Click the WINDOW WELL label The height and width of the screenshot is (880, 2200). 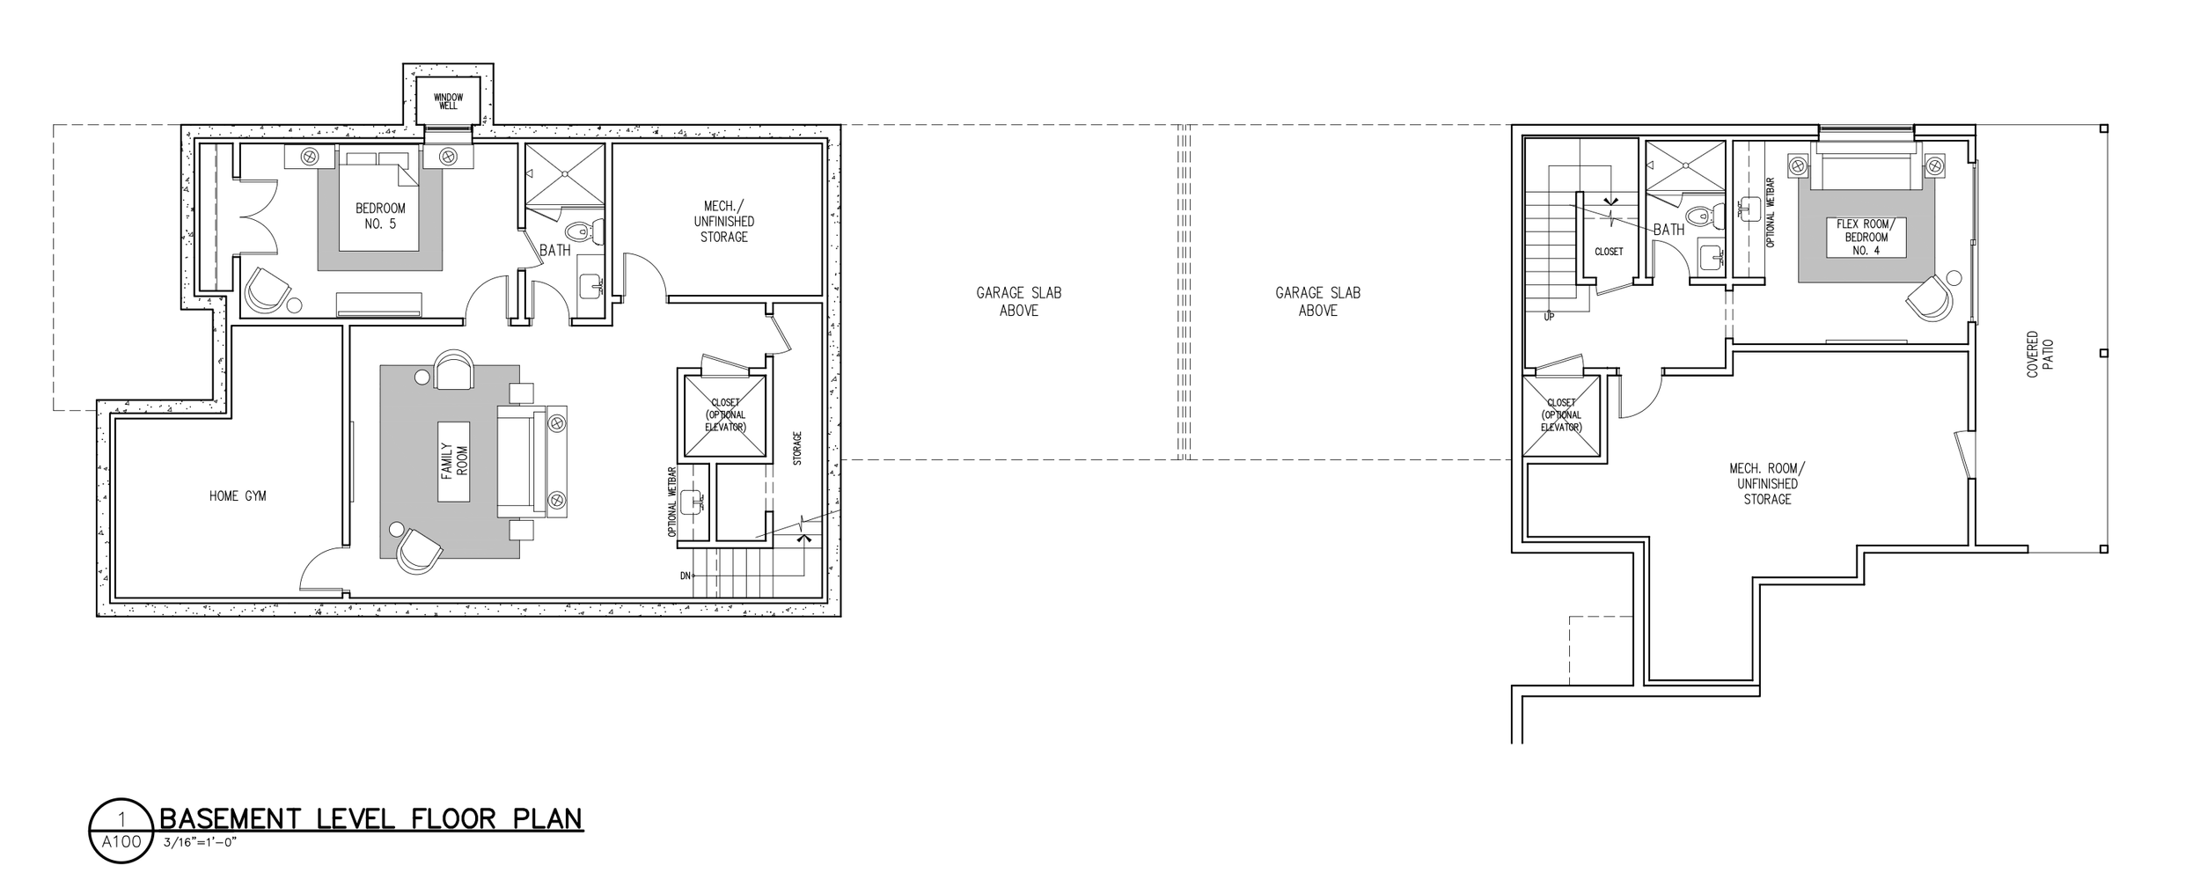448,101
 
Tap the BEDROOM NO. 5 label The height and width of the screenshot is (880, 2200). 380,216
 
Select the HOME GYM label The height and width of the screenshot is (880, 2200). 238,496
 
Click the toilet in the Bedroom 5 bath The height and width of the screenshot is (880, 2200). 582,231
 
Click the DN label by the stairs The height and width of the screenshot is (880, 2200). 686,576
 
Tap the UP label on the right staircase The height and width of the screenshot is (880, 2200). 1549,317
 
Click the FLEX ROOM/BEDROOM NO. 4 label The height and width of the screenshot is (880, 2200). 1866,238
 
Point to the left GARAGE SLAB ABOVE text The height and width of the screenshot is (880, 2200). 1019,301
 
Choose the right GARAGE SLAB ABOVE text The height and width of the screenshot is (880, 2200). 1318,301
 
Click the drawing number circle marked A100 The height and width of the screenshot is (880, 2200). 121,831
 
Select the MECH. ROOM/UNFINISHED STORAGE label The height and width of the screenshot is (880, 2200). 1767,484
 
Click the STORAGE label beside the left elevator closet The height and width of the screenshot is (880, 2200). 797,448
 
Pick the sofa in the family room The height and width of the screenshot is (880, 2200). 532,460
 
